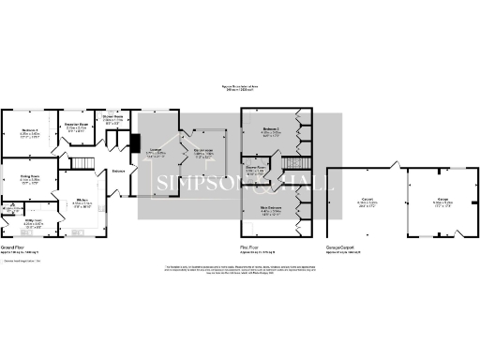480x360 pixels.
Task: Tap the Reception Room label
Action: [x=75, y=125]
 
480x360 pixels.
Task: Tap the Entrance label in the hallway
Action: [x=118, y=171]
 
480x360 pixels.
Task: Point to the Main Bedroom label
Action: [x=272, y=210]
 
